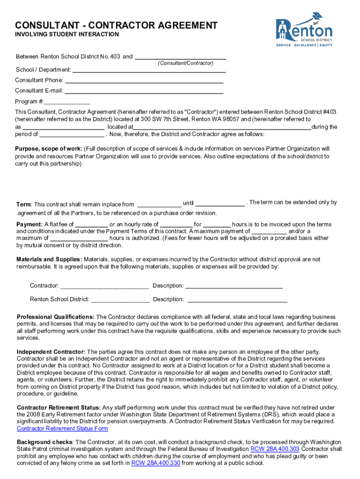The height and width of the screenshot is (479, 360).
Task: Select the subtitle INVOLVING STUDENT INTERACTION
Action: click(67, 35)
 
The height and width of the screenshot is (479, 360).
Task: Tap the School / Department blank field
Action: click(149, 70)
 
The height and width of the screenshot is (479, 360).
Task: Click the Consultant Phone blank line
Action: click(144, 80)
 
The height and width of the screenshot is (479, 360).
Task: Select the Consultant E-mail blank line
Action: click(144, 91)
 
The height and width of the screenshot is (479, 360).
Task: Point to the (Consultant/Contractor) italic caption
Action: click(185, 63)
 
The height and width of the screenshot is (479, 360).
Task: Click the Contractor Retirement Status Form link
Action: click(62, 428)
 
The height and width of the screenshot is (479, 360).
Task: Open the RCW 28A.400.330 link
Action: click(155, 463)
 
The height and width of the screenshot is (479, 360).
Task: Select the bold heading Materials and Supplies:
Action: click(49, 259)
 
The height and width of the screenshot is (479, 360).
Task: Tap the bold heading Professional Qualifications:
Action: click(55, 317)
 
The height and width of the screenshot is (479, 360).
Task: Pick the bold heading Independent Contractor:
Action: click(50, 351)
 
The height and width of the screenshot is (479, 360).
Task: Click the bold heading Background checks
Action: click(44, 442)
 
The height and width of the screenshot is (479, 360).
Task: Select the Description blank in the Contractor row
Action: click(234, 286)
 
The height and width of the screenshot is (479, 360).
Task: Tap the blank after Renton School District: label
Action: click(121, 299)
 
